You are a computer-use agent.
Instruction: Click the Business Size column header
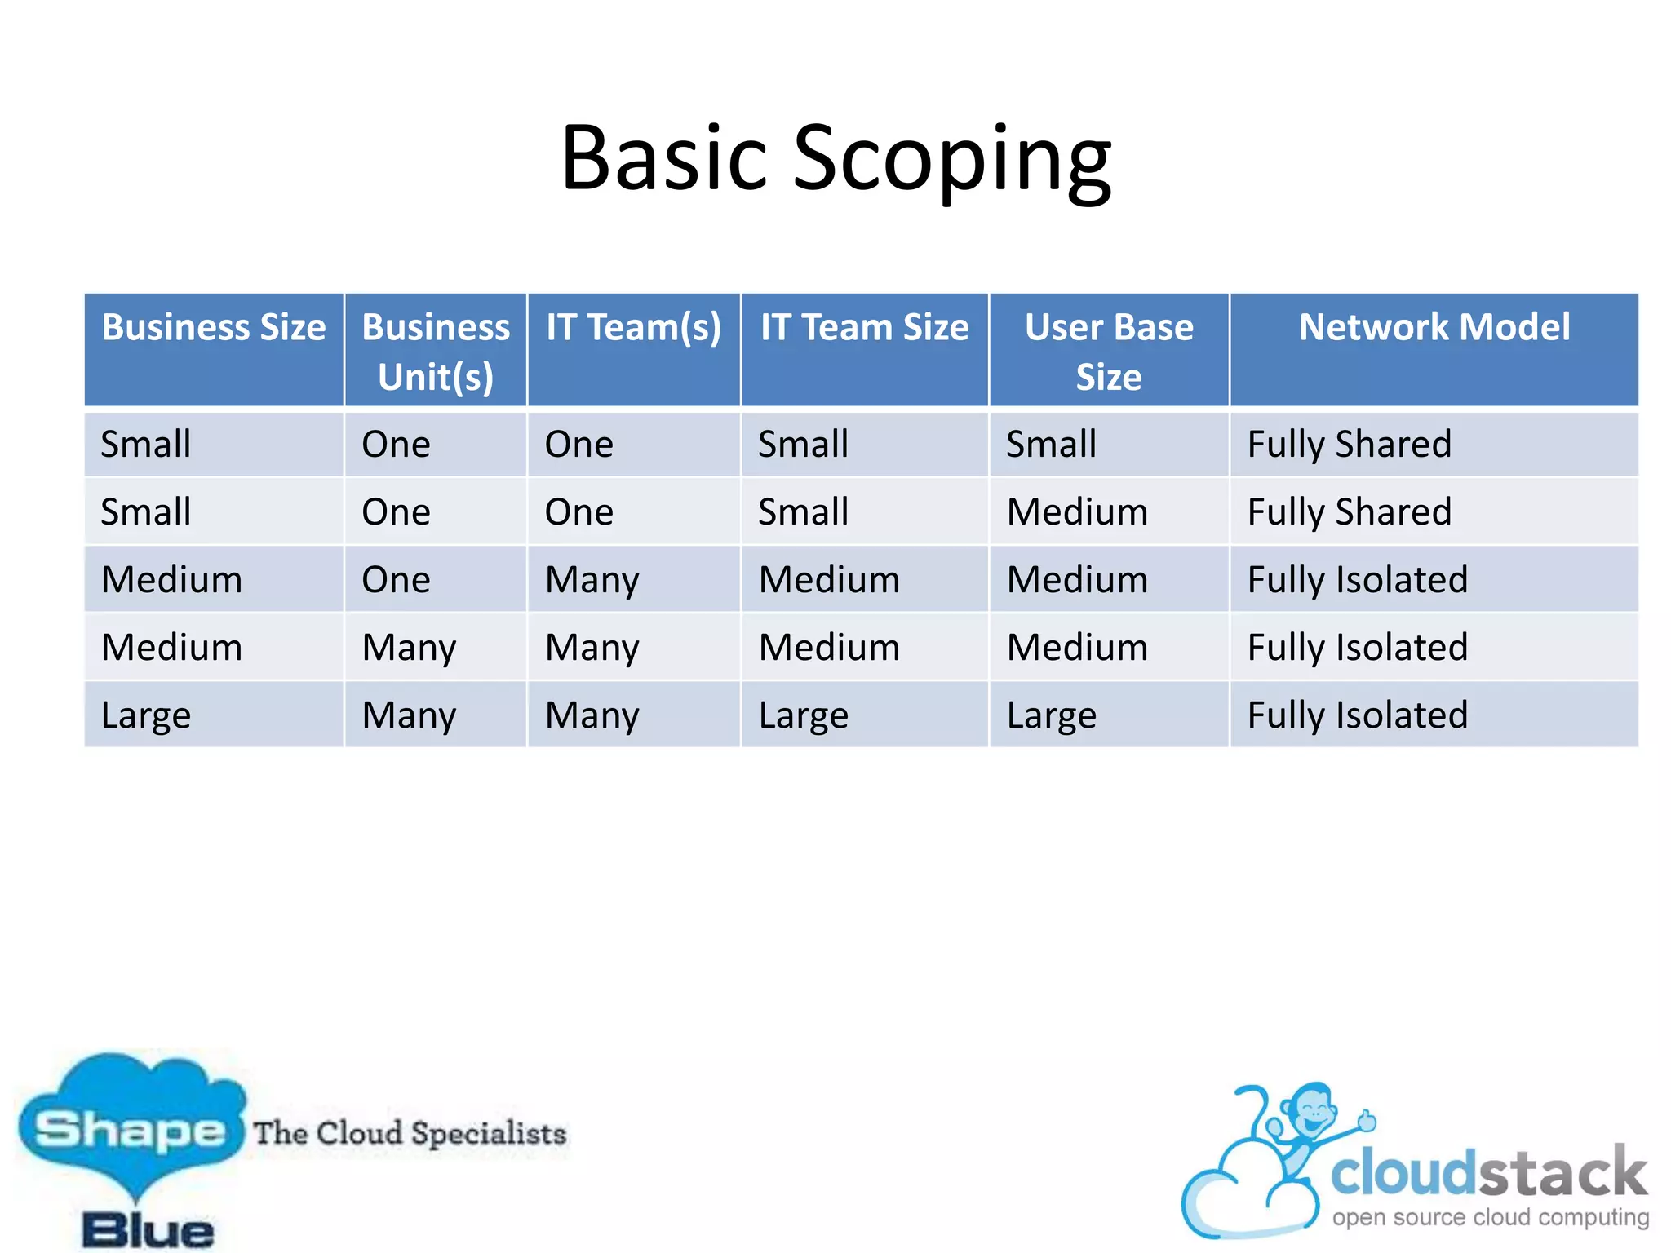click(x=214, y=328)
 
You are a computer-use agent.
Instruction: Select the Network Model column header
click(x=1434, y=328)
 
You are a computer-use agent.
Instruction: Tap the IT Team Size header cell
click(x=864, y=328)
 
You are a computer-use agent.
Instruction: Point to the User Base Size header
click(x=1108, y=351)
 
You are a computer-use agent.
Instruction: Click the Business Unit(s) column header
click(x=436, y=351)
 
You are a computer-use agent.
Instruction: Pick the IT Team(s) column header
click(x=633, y=328)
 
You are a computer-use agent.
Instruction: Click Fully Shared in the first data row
click(x=1349, y=445)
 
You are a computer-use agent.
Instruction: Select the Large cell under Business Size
click(x=145, y=715)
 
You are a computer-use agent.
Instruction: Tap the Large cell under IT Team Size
click(x=803, y=715)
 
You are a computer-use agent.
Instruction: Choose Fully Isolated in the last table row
click(x=1357, y=715)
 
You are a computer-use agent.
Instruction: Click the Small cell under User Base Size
click(x=1051, y=445)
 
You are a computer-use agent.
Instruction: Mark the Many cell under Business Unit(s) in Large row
click(x=409, y=715)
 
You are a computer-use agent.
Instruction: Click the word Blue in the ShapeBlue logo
click(x=148, y=1230)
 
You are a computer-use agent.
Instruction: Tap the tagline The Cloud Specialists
click(x=410, y=1133)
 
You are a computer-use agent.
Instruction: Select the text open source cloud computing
click(x=1490, y=1217)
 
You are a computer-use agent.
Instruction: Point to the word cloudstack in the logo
click(x=1488, y=1173)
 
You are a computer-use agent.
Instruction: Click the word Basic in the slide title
click(x=664, y=159)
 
